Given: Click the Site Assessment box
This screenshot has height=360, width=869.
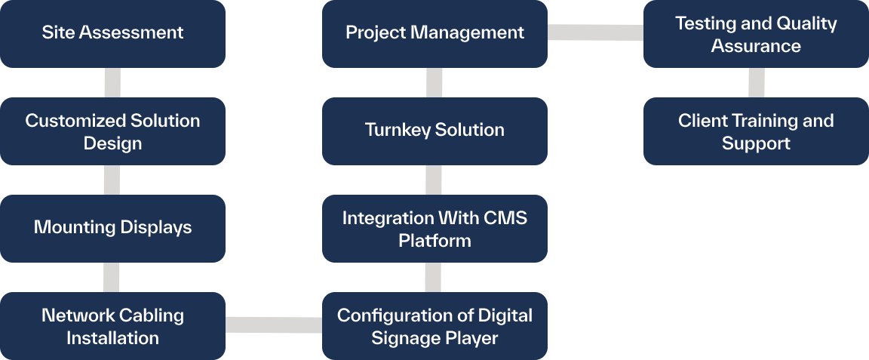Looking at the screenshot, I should [x=112, y=33].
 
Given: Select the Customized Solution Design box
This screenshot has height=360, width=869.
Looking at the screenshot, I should [x=112, y=131].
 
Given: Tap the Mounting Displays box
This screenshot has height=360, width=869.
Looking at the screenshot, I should [x=112, y=228].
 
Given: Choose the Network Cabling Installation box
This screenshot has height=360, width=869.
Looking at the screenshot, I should [x=112, y=326].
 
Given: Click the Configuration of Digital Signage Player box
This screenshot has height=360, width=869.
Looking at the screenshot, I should [x=434, y=326].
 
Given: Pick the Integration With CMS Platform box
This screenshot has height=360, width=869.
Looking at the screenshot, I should [x=434, y=229].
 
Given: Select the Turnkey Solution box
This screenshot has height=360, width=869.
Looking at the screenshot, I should [x=434, y=131].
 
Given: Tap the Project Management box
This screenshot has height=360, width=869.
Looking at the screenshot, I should [x=434, y=33].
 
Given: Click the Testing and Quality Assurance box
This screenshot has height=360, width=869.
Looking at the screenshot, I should [x=756, y=34].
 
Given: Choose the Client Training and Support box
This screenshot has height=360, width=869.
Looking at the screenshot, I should [x=756, y=131].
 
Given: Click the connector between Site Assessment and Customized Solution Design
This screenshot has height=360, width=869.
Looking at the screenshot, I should [x=112, y=82].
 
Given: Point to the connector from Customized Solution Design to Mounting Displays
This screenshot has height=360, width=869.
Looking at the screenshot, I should [x=112, y=180].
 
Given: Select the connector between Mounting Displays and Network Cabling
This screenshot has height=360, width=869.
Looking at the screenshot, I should [x=112, y=277].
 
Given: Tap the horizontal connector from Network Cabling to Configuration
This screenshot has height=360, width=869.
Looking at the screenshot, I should [x=274, y=325].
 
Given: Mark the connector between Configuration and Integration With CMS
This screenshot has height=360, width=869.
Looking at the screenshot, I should [x=433, y=277].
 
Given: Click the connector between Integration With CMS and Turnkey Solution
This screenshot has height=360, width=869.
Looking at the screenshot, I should [x=433, y=180].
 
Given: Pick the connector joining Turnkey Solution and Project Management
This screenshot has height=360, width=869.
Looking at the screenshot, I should [x=434, y=82].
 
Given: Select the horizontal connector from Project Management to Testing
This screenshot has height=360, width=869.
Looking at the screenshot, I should [x=595, y=32].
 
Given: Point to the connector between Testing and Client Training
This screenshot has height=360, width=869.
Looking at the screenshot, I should [x=756, y=82].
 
